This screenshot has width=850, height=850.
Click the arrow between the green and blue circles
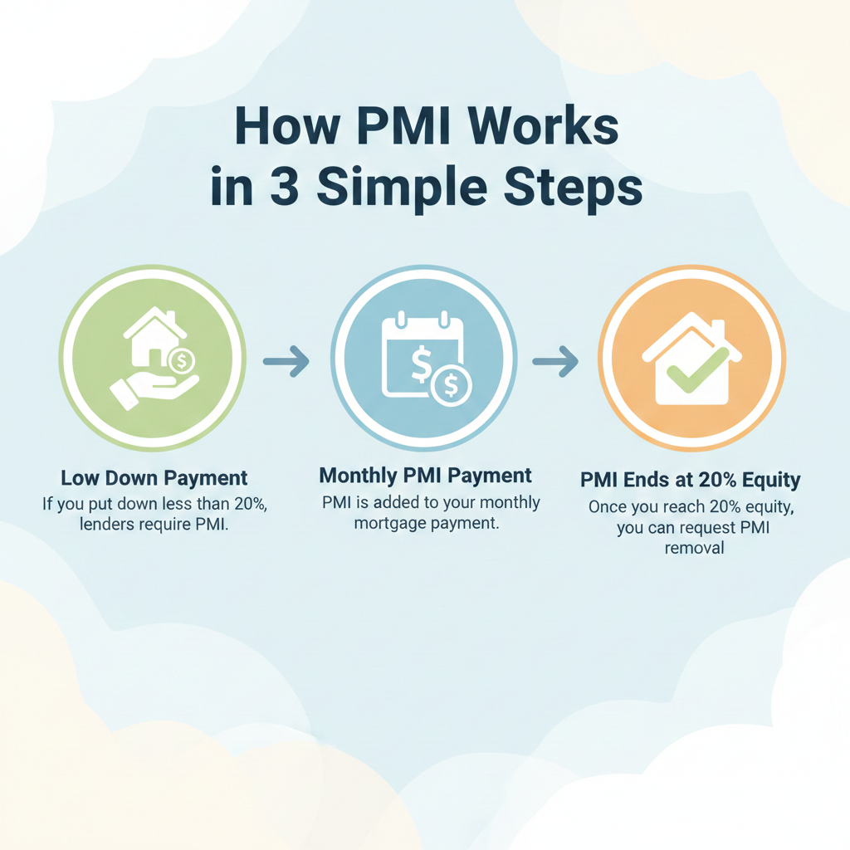[x=286, y=360]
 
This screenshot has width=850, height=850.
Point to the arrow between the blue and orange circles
[x=555, y=360]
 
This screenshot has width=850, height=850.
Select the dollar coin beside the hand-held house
[x=181, y=360]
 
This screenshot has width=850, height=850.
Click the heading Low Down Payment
[x=154, y=479]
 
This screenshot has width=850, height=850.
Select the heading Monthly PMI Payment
[x=425, y=476]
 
